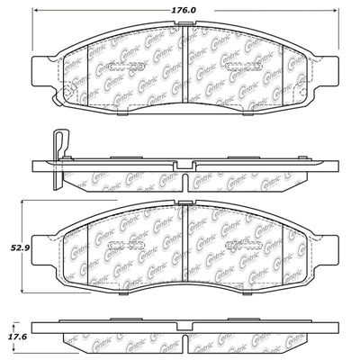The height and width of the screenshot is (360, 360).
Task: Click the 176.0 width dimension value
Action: click(186, 11)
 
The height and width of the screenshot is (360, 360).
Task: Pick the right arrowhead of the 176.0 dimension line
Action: click(333, 20)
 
